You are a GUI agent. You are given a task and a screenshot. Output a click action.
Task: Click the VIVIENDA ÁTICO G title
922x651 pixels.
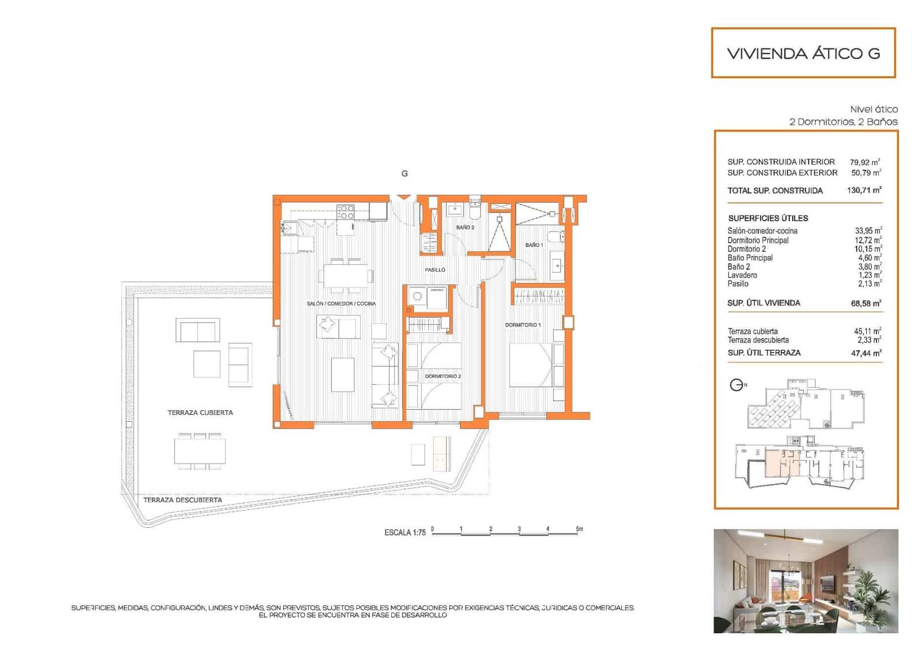(803, 54)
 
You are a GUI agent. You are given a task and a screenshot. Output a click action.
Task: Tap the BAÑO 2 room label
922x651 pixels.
(464, 228)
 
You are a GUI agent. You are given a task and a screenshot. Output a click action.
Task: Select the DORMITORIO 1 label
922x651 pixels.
(523, 325)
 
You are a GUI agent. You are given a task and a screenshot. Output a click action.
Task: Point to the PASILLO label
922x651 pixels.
(435, 270)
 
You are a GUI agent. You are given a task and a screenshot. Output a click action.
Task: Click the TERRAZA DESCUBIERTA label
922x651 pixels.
(183, 500)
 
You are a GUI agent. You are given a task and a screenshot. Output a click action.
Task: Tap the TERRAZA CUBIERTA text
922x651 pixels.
(200, 412)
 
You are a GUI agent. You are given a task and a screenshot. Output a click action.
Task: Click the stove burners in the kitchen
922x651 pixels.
(346, 212)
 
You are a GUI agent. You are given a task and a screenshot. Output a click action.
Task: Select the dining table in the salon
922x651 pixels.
(346, 275)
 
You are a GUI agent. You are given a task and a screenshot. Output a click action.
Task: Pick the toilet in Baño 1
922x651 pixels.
(556, 236)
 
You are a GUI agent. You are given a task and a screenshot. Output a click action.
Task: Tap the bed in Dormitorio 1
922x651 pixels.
(531, 365)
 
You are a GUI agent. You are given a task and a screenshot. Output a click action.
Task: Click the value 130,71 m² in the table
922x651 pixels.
(864, 190)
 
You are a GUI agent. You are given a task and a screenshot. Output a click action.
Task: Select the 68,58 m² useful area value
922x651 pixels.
(866, 303)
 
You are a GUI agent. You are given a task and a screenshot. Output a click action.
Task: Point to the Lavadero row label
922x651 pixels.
(742, 275)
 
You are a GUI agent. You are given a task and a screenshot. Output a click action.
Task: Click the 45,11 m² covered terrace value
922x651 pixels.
(867, 331)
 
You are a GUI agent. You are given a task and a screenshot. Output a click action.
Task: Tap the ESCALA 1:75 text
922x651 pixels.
(405, 533)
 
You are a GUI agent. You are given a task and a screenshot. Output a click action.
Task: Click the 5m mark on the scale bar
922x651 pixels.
(579, 529)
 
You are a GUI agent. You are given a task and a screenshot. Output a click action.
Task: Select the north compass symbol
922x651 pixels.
(737, 385)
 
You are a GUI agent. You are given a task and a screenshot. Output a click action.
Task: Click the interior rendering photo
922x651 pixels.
(806, 581)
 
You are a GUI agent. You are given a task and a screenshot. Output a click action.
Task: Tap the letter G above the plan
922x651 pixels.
(405, 173)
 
